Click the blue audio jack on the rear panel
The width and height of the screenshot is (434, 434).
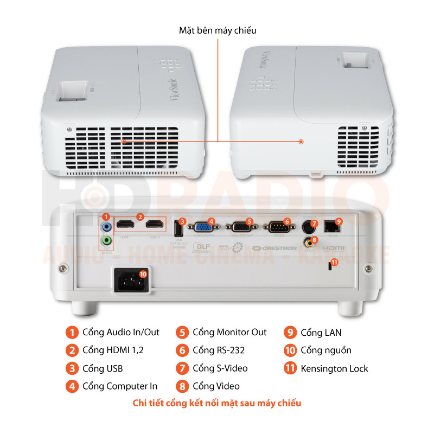click(x=107, y=227)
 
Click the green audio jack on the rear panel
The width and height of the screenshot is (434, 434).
click(x=107, y=239)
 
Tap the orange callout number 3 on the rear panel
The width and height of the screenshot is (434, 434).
click(x=182, y=221)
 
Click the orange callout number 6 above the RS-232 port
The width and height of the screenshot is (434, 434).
click(x=287, y=221)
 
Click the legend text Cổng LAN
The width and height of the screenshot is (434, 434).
click(x=321, y=333)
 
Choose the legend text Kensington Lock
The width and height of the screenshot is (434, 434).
click(x=334, y=368)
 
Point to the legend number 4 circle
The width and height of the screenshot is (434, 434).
click(x=72, y=386)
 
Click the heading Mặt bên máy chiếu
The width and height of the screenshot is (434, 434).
click(x=218, y=30)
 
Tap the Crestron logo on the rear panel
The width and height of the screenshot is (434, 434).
click(x=274, y=248)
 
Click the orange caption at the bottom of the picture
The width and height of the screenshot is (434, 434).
click(x=217, y=403)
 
